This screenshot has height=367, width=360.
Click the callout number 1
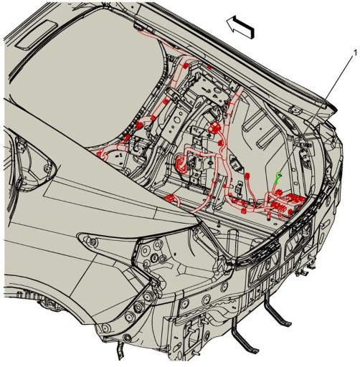[355, 53]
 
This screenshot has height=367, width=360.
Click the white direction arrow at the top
[240, 27]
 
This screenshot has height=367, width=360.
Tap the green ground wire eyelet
[278, 175]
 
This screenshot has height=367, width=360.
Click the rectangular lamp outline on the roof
[38, 35]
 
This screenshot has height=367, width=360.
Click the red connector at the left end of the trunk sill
[170, 199]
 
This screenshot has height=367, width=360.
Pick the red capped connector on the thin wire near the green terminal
[247, 176]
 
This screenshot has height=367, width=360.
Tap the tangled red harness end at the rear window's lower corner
[103, 154]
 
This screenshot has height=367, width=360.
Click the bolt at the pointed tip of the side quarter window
[47, 169]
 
